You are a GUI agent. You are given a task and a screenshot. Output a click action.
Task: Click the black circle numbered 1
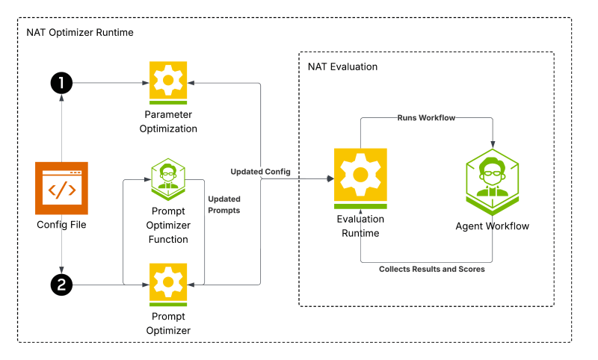click(61, 83)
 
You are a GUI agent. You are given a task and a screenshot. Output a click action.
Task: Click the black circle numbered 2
click(61, 285)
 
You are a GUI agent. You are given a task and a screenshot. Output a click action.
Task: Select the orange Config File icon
click(61, 188)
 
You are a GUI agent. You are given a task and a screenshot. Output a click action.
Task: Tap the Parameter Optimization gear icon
click(168, 83)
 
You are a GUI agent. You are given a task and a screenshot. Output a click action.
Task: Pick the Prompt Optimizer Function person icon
click(168, 179)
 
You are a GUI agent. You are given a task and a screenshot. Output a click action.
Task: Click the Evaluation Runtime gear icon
click(360, 179)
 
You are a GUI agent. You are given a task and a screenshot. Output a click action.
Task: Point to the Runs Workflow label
click(426, 118)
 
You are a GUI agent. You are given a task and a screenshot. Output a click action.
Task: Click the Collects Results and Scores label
click(432, 269)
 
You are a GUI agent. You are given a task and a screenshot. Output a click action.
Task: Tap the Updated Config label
click(260, 172)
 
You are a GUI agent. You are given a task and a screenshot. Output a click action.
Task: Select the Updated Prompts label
click(224, 205)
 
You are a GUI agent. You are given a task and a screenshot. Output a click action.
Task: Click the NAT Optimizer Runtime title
click(80, 32)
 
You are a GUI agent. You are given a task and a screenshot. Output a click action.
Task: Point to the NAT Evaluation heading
click(342, 66)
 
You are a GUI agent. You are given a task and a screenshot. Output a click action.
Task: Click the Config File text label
click(61, 225)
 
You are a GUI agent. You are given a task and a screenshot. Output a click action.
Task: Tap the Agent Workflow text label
click(493, 226)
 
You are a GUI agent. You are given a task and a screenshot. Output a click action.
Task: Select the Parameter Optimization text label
click(168, 122)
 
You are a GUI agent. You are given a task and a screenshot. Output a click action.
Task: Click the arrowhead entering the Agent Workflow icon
click(493, 145)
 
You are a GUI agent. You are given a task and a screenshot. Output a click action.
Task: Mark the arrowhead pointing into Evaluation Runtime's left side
click(330, 179)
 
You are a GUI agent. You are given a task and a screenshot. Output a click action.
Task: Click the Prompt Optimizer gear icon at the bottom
click(168, 285)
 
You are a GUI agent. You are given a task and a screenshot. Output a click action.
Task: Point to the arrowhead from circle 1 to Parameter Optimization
click(146, 83)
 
